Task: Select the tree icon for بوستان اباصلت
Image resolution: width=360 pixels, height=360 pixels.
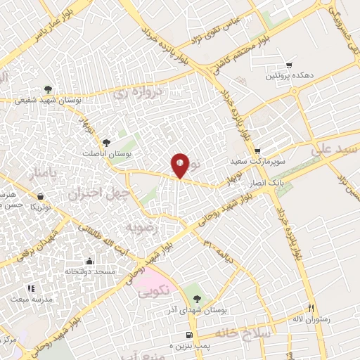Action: click(x=107, y=143)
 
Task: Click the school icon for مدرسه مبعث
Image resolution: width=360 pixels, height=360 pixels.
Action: click(x=30, y=288)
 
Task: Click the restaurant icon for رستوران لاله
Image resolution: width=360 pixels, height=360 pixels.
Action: click(x=311, y=308)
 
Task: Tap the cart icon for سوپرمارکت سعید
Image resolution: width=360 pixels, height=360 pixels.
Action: click(x=258, y=150)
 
